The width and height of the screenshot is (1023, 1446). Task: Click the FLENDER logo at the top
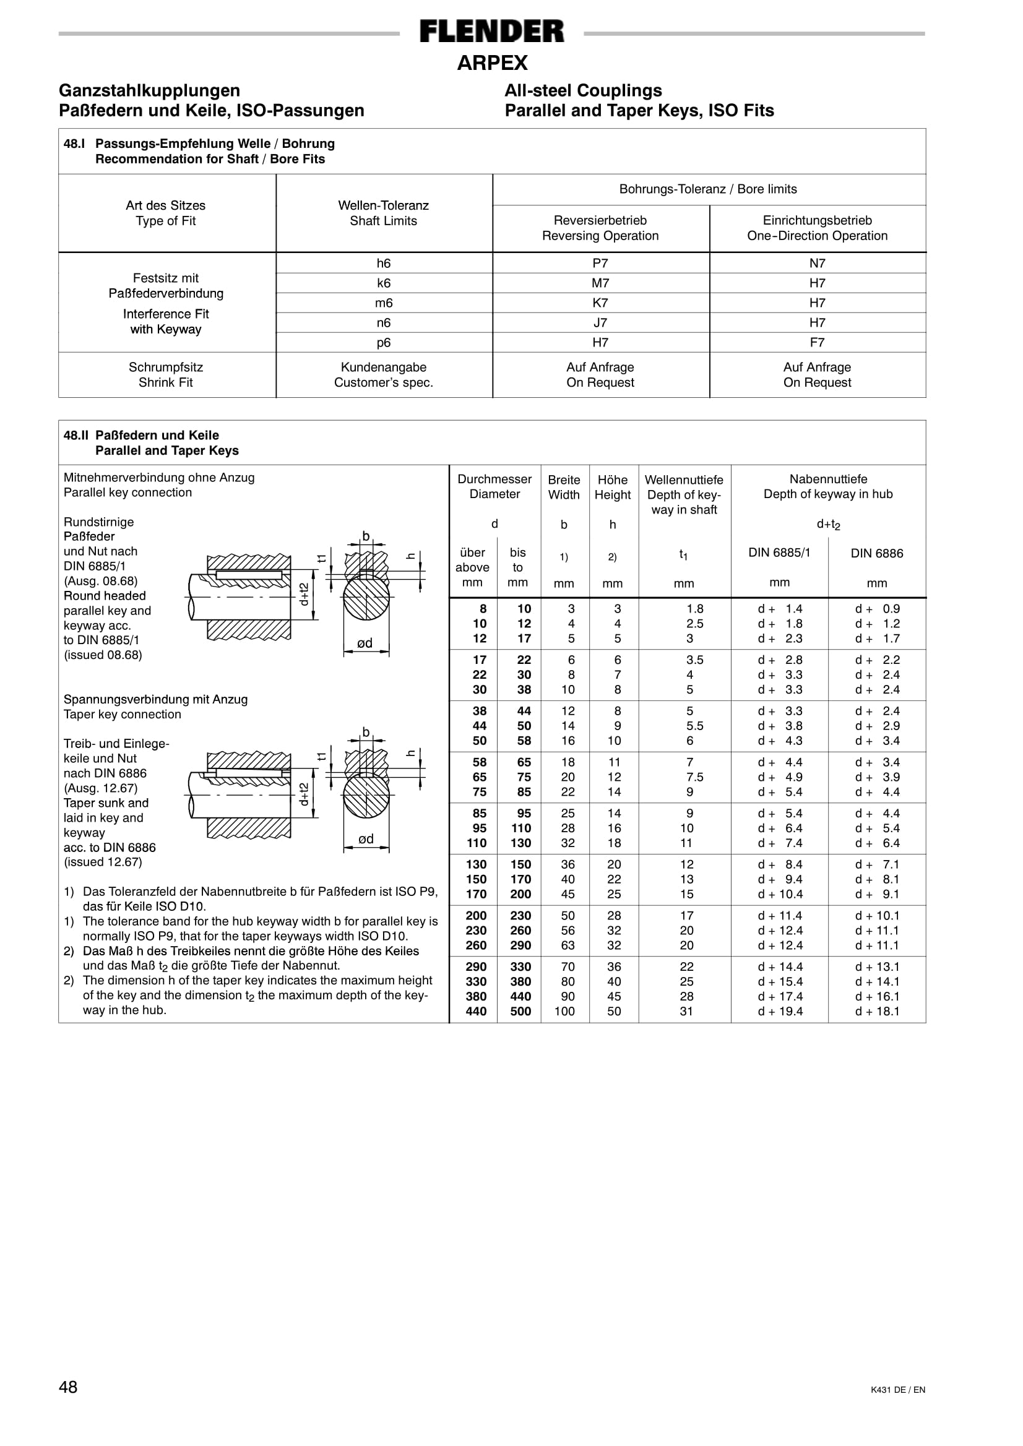492,32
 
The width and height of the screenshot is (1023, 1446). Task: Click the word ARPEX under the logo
492,63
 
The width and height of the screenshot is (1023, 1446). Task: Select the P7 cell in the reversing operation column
600,263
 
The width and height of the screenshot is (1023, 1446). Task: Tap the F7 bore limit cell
817,343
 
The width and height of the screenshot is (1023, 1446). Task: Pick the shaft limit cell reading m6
384,303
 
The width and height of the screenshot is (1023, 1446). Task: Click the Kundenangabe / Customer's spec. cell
384,375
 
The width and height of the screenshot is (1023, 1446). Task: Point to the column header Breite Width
564,487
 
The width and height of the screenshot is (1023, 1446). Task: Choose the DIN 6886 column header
876,553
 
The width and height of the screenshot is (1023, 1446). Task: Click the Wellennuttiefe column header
684,494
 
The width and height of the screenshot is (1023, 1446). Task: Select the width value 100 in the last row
564,1012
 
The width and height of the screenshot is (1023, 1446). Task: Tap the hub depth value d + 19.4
780,1012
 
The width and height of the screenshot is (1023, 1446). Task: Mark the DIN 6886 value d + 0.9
878,609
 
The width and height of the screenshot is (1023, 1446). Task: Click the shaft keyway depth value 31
686,1012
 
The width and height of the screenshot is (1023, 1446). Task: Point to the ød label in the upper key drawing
365,643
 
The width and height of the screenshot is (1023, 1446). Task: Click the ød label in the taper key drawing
366,839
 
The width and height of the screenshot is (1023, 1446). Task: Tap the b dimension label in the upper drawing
365,536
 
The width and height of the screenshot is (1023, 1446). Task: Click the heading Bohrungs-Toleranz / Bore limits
708,189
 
